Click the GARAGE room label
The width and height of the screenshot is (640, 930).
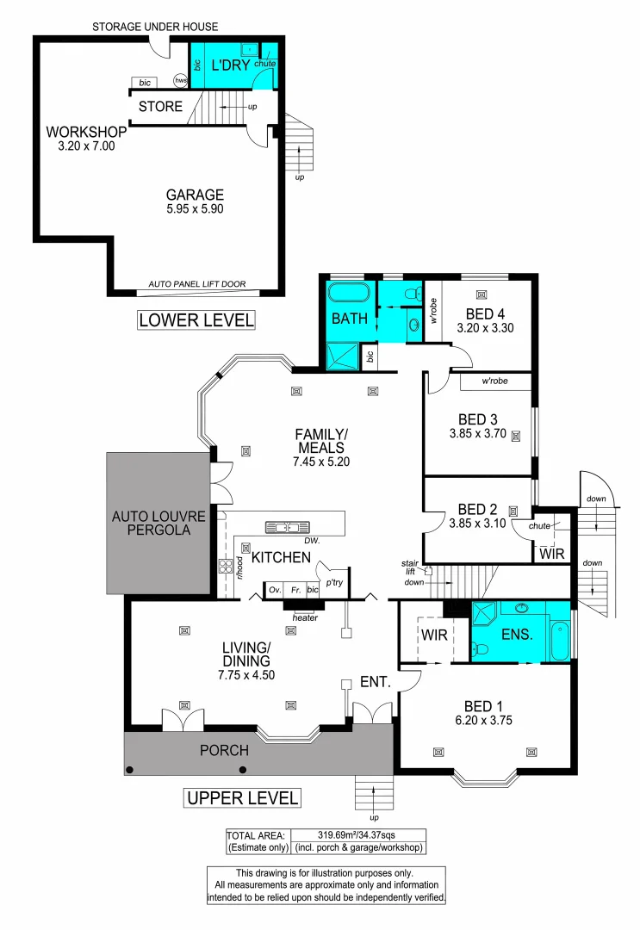point(196,195)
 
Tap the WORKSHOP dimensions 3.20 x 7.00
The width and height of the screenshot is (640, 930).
point(86,146)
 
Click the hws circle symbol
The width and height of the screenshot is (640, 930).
point(181,81)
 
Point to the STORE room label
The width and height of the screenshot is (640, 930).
point(160,107)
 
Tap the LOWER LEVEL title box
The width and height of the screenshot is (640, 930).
point(197,320)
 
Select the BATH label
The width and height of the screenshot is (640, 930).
point(350,319)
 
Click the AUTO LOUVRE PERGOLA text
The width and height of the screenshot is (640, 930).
point(158,524)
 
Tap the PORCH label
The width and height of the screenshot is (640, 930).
point(225,750)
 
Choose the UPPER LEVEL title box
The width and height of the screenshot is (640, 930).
point(243,798)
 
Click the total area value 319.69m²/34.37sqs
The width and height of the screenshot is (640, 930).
point(357,834)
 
